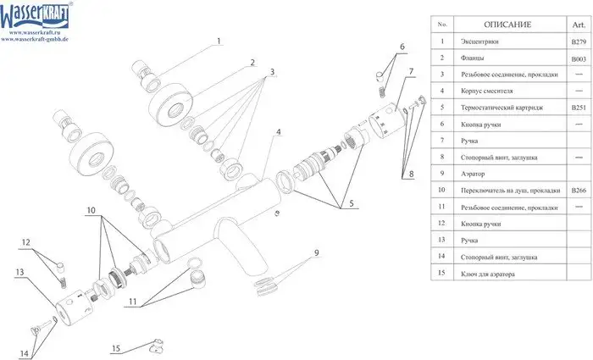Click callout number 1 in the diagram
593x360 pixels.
[x=217, y=41]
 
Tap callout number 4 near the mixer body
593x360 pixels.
[x=277, y=133]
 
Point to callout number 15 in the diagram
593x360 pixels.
[x=117, y=347]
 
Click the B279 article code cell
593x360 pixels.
[x=577, y=42]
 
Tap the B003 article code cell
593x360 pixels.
[x=577, y=58]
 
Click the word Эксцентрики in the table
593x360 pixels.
[x=481, y=42]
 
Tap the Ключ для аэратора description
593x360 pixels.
[x=489, y=274]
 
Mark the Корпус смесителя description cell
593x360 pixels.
[x=486, y=91]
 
